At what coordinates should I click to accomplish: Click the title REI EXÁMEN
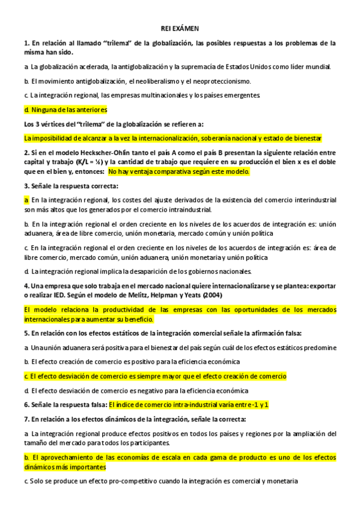(x=180, y=28)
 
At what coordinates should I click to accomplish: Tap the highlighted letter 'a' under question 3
(x=26, y=200)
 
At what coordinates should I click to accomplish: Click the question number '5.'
(x=27, y=333)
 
